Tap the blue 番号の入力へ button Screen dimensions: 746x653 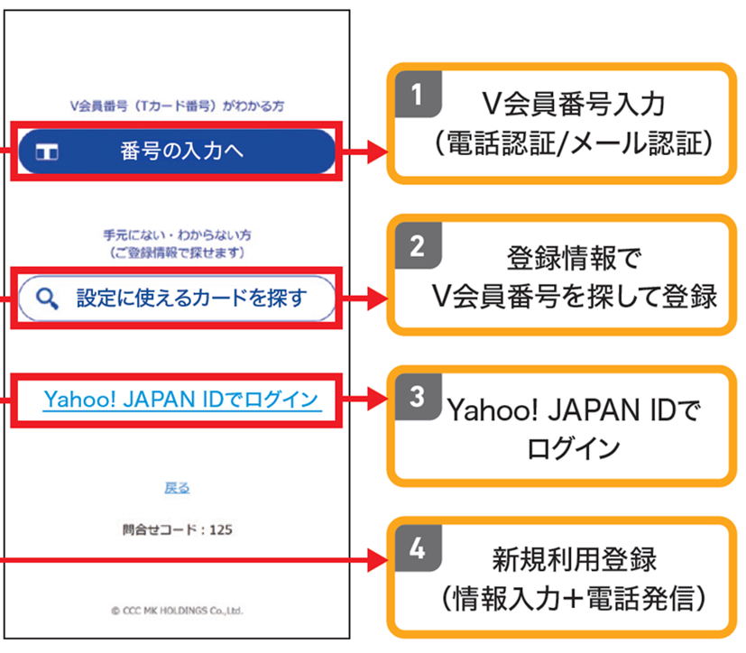point(177,152)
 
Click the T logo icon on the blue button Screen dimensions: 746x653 point(47,152)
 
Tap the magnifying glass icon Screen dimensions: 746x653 point(47,299)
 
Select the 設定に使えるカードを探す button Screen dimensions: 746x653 point(177,299)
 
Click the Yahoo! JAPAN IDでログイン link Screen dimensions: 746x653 point(181,400)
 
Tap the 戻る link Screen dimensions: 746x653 point(177,488)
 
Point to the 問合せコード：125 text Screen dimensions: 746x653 point(177,529)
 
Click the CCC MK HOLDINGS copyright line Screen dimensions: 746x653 point(177,611)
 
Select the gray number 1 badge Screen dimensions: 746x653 point(418,94)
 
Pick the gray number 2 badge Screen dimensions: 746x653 point(418,246)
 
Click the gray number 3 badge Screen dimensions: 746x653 point(418,397)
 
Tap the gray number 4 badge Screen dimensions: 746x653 point(418,548)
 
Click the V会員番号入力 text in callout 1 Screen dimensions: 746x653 point(574,104)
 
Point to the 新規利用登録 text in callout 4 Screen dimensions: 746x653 point(575,560)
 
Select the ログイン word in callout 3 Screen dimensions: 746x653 point(574,448)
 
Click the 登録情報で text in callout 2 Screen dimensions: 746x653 point(575,258)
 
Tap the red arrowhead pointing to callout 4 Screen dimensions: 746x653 point(378,560)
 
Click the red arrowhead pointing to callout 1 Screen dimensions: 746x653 point(378,152)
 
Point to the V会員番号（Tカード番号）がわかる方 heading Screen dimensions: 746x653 point(177,106)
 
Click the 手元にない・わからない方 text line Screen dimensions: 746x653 point(177,235)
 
